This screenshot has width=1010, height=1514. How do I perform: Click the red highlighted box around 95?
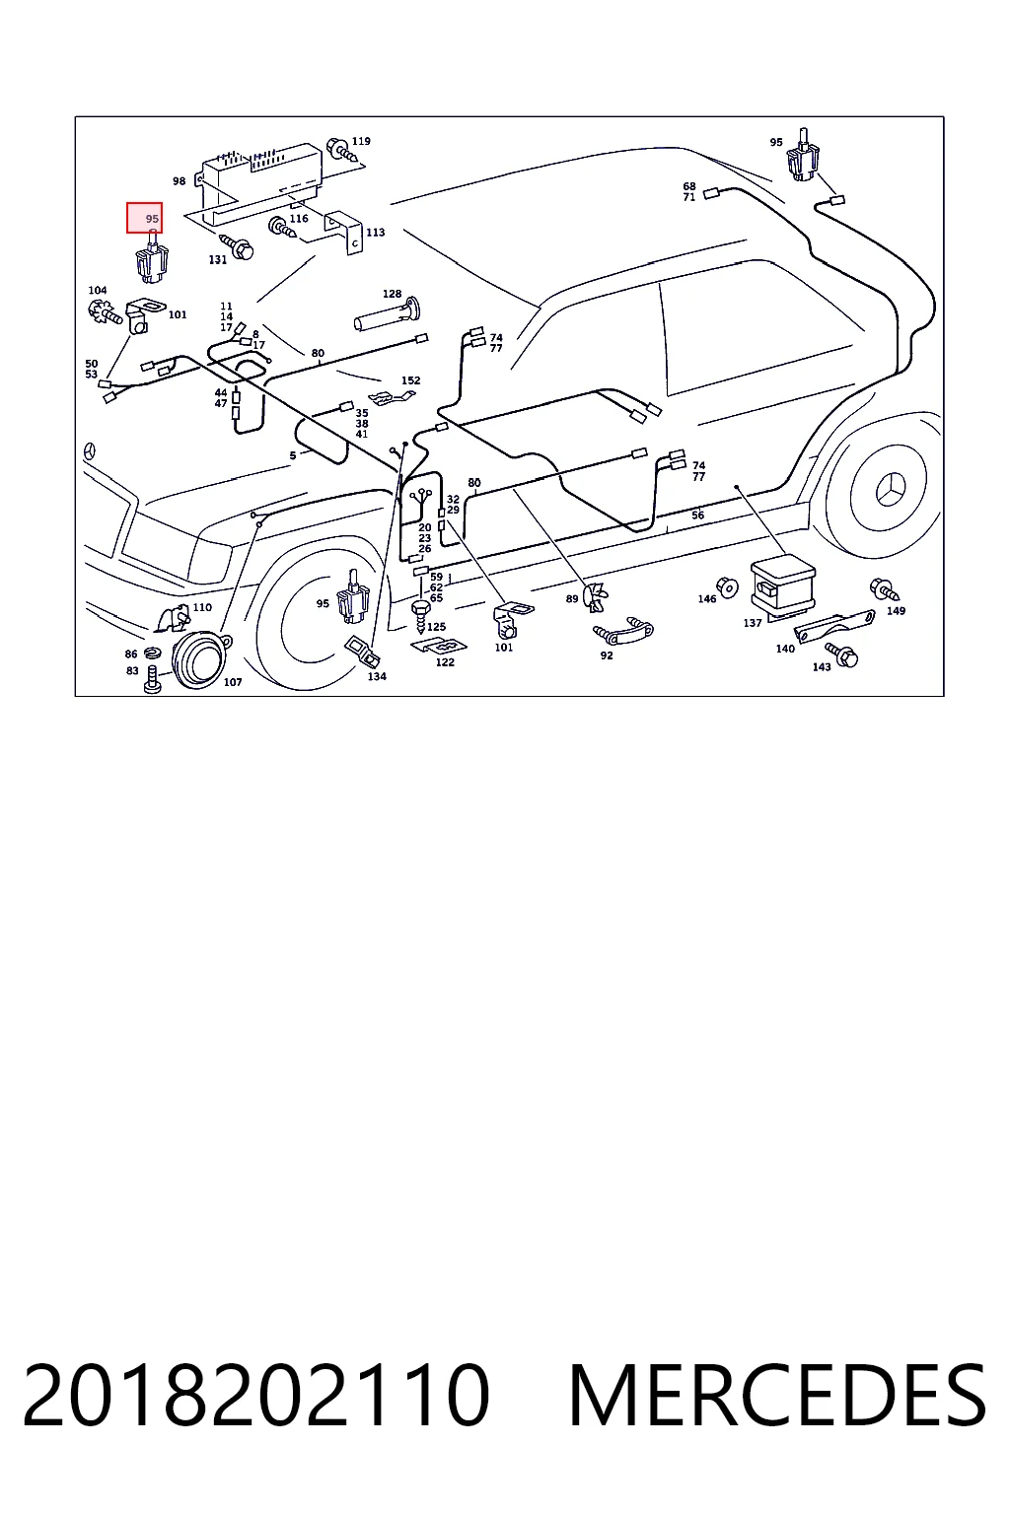click(144, 218)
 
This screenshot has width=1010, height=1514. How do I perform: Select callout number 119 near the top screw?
click(361, 141)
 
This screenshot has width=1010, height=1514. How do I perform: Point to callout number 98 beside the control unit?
click(179, 181)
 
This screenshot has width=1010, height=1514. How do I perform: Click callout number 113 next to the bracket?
click(376, 232)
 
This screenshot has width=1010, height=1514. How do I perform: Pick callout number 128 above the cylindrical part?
click(392, 294)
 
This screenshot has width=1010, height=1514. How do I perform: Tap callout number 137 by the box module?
click(753, 623)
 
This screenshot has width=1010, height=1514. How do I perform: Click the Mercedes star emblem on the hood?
click(90, 451)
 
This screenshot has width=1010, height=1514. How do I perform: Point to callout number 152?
click(410, 380)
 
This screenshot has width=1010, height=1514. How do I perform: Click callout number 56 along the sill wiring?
click(698, 516)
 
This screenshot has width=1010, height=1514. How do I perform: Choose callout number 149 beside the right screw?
click(896, 611)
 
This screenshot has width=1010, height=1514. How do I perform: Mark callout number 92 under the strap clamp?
click(607, 654)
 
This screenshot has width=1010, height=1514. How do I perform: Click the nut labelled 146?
click(727, 587)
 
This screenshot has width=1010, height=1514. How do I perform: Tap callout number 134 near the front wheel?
click(377, 676)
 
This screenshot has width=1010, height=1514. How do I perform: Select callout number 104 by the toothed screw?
click(98, 290)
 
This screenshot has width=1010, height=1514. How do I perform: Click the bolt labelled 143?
click(842, 655)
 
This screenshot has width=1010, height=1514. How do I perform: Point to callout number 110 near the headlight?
click(202, 607)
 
